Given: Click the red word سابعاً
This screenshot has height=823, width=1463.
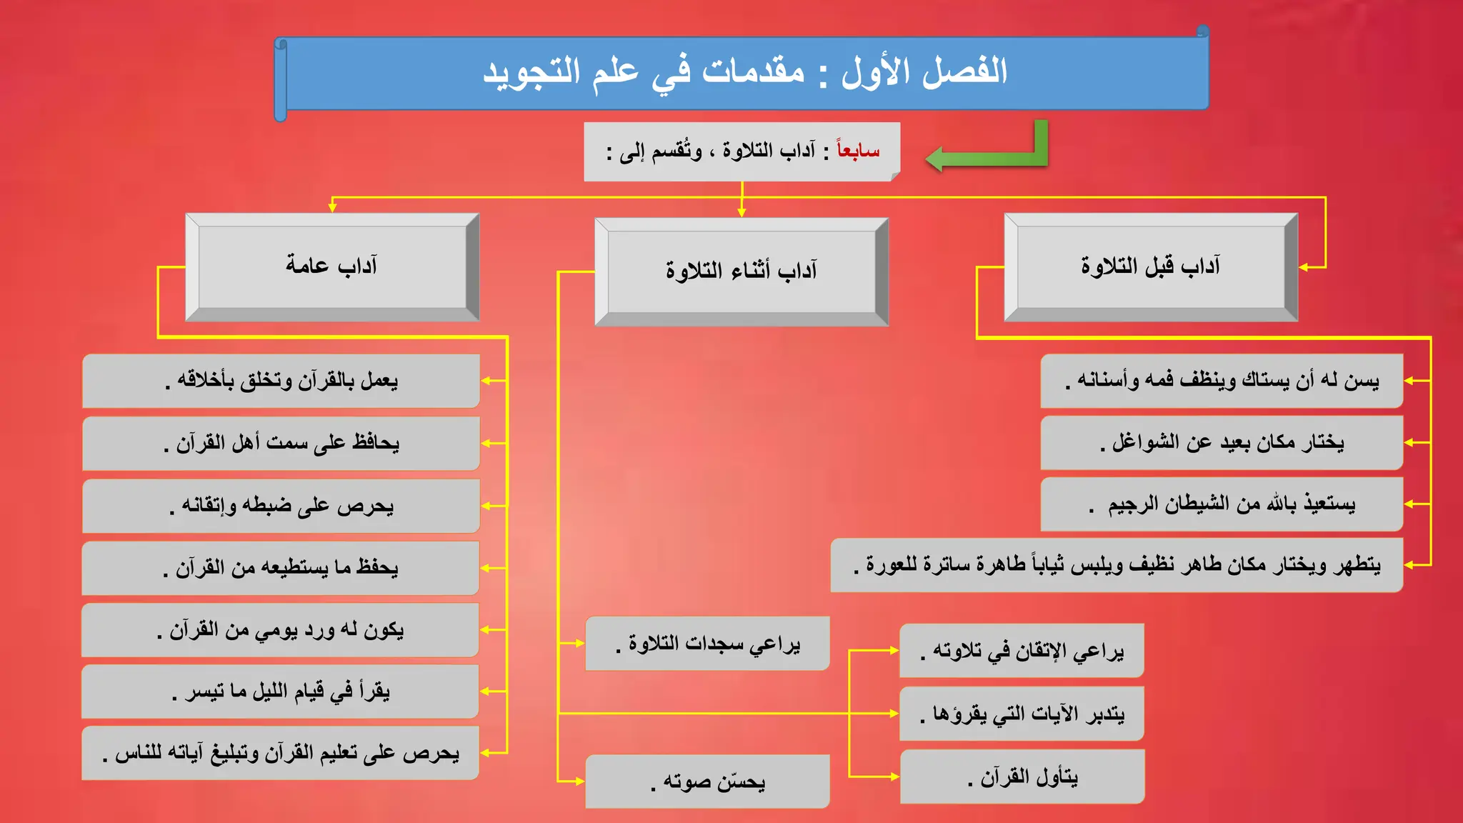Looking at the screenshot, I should (x=858, y=151).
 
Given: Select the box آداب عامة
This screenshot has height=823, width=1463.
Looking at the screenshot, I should (x=332, y=266).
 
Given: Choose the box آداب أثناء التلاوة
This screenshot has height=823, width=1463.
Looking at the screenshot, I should (x=742, y=271).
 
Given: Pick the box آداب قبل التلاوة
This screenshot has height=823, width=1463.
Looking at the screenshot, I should (x=1150, y=266).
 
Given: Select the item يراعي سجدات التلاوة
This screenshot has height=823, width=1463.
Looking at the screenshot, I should (x=707, y=644).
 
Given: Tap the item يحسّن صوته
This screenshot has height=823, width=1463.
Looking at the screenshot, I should (x=707, y=782).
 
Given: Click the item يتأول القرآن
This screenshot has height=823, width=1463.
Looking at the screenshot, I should (x=1022, y=777).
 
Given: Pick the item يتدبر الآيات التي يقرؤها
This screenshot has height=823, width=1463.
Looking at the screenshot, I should (x=1022, y=714).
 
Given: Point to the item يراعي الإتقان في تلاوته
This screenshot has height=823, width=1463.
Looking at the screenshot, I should (x=1022, y=651).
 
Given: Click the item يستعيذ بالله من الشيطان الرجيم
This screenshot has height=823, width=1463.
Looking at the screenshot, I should (x=1222, y=505).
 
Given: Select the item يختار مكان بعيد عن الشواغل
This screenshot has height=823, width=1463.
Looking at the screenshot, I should (x=1222, y=443).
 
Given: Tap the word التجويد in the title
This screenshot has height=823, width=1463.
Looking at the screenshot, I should (x=531, y=71).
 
